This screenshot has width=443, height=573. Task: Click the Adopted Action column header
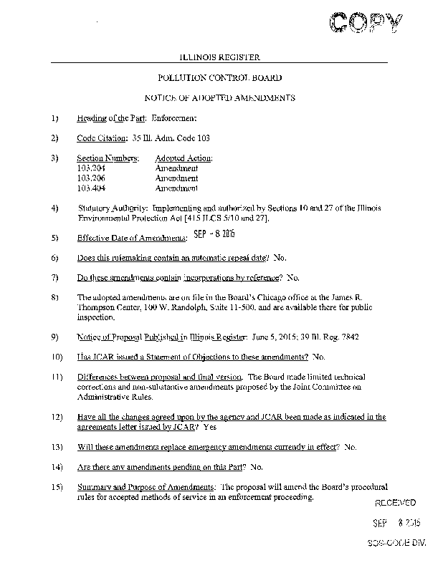pyautogui.click(x=184, y=158)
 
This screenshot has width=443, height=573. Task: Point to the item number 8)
pyautogui.click(x=55, y=297)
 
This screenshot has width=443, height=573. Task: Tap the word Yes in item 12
pyautogui.click(x=210, y=427)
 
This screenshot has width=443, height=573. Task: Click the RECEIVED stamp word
pyautogui.click(x=395, y=504)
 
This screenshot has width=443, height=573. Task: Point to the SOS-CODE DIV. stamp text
pyautogui.click(x=395, y=544)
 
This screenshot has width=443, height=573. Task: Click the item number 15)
pyautogui.click(x=57, y=486)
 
